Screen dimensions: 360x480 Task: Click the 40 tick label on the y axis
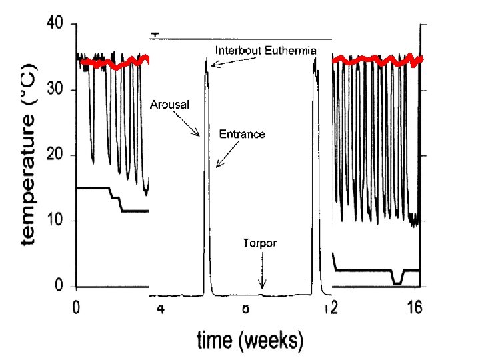tap(55, 24)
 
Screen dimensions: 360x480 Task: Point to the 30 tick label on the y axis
tap(55, 89)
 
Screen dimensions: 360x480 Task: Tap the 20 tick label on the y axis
tap(55, 155)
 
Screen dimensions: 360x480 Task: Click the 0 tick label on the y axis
tap(59, 287)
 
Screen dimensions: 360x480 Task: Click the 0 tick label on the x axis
tap(77, 309)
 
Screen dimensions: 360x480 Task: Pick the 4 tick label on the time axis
tap(161, 309)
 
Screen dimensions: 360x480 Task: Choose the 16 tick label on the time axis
tap(415, 309)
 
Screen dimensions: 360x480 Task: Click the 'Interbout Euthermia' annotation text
tap(265, 51)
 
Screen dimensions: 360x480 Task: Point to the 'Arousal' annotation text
tap(170, 105)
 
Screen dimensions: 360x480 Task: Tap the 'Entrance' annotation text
tap(242, 134)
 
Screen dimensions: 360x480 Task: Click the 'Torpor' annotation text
tap(259, 243)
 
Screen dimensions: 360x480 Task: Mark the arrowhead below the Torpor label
tap(262, 286)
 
